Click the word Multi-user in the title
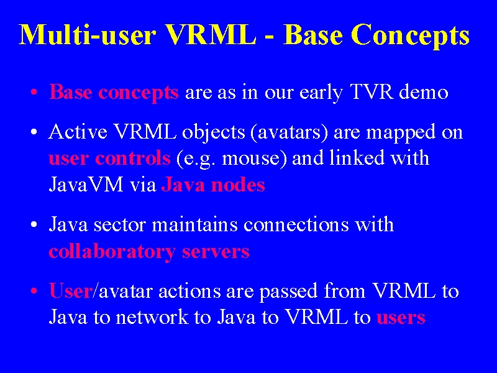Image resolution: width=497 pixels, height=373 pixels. (88, 34)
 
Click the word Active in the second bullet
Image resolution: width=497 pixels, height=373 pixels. (78, 132)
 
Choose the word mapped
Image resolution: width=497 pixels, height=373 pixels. (401, 133)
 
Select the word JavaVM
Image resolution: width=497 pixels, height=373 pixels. (86, 185)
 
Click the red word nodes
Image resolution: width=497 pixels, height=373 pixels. (238, 185)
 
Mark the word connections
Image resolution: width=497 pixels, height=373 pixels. (296, 224)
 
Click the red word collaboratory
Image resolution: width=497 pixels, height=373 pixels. (112, 252)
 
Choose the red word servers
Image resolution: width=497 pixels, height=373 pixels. (216, 252)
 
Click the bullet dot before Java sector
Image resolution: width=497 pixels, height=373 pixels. (34, 225)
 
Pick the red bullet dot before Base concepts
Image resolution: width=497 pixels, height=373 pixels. (34, 93)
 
